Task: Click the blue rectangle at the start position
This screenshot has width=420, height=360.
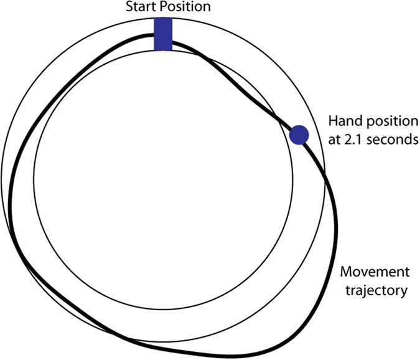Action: tap(162, 34)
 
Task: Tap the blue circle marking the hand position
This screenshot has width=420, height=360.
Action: tap(299, 135)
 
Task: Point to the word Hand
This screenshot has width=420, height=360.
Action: tap(342, 121)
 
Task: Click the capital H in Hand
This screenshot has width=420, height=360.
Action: tap(332, 121)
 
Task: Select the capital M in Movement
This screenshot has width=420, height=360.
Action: tap(347, 272)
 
